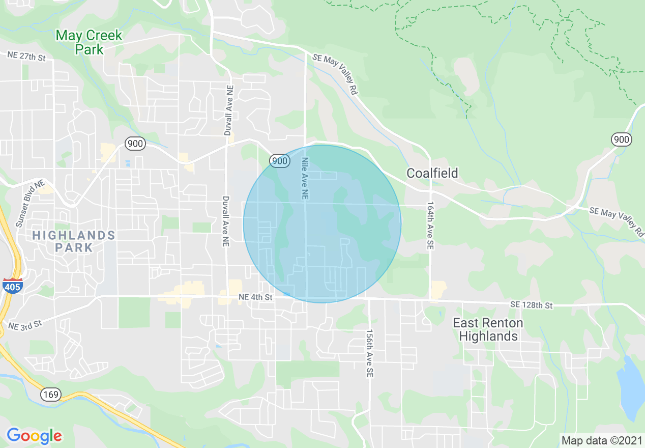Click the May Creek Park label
click(x=89, y=42)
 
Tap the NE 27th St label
click(x=26, y=56)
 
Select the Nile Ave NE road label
click(x=305, y=178)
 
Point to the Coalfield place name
click(x=432, y=173)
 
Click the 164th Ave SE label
click(x=430, y=227)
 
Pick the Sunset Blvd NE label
click(x=30, y=203)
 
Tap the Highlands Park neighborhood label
click(x=74, y=241)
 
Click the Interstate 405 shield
click(x=12, y=286)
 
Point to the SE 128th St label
click(x=531, y=305)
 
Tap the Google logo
click(x=34, y=436)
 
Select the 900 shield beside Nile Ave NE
click(x=280, y=161)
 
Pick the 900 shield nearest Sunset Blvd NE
click(x=135, y=144)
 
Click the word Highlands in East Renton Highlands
click(x=488, y=337)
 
